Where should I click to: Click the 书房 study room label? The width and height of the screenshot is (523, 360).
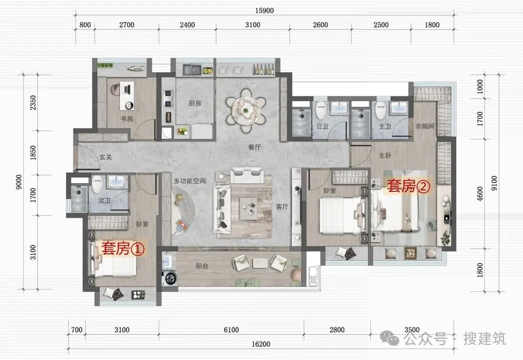127,118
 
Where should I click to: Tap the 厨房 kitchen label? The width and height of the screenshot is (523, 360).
195,103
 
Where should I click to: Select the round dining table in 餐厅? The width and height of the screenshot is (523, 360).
246,110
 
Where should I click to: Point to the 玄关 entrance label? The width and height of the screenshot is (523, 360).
105,157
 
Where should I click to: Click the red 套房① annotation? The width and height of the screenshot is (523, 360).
123,248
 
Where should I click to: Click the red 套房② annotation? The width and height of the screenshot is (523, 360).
409,186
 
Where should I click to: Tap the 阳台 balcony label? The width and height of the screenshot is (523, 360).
202,266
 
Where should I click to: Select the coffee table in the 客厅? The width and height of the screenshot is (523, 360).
248,209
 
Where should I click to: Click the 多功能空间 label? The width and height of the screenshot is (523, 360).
189,181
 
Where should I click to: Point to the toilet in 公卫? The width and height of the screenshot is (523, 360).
321,110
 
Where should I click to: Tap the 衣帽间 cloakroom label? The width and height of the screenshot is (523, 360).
425,126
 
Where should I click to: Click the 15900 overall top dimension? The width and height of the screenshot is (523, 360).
264,11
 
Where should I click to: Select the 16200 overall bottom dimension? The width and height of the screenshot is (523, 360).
261,344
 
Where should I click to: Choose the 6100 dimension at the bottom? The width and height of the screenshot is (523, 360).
231,330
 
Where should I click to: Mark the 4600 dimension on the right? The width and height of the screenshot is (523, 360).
480,193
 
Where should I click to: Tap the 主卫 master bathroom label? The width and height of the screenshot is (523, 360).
385,126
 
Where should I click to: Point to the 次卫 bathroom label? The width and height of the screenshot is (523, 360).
104,200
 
